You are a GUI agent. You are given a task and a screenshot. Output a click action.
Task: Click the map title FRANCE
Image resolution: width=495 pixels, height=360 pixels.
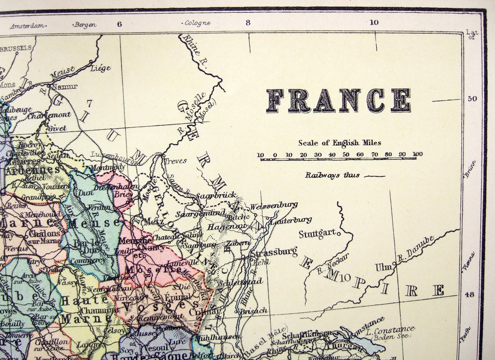coord(338,100)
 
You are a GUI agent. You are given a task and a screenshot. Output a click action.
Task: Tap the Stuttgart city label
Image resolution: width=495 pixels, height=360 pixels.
coord(317,234)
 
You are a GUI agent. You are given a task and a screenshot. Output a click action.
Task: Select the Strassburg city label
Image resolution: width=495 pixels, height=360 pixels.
coord(274,253)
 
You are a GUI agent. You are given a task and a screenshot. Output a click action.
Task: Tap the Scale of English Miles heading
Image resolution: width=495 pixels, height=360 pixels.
coord(339,143)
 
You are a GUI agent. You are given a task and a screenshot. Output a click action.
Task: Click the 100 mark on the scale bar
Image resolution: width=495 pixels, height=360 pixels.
coord(417,154)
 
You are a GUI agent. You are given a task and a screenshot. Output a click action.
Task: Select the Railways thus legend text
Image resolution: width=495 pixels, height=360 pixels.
coord(332,175)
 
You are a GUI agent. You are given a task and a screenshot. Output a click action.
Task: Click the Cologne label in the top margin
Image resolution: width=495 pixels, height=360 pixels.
coord(197,23)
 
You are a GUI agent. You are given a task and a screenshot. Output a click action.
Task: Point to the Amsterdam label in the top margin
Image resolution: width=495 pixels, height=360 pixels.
coord(27,26)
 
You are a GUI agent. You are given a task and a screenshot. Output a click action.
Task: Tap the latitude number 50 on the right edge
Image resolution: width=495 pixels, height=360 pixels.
coord(472,99)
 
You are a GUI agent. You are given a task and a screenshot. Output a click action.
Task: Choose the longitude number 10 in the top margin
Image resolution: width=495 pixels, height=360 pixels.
coord(374,22)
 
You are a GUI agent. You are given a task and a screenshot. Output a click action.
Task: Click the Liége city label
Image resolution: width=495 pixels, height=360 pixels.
coord(101,68)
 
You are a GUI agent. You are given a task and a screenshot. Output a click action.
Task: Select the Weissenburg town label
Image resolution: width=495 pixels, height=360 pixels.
coord(273,206)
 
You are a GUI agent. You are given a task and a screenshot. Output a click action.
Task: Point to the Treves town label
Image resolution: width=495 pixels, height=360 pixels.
coord(176,161)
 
